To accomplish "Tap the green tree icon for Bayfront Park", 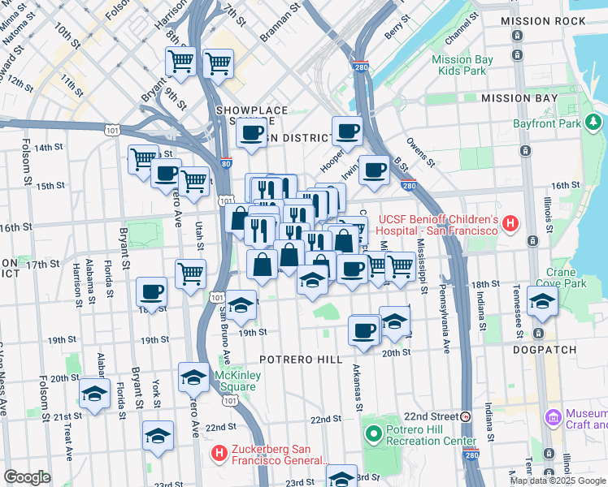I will [x=593, y=123].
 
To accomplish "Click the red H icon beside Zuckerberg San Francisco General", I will [x=218, y=451].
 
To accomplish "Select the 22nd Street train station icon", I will [x=466, y=416].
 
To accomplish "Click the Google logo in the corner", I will [x=27, y=477].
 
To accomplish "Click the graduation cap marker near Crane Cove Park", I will [x=542, y=301].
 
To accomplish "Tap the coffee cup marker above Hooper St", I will [x=347, y=130].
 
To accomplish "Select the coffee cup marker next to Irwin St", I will [x=374, y=170].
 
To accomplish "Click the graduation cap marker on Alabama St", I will [x=95, y=394].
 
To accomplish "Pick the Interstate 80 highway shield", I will [x=226, y=162].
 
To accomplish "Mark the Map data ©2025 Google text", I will [x=558, y=481].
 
